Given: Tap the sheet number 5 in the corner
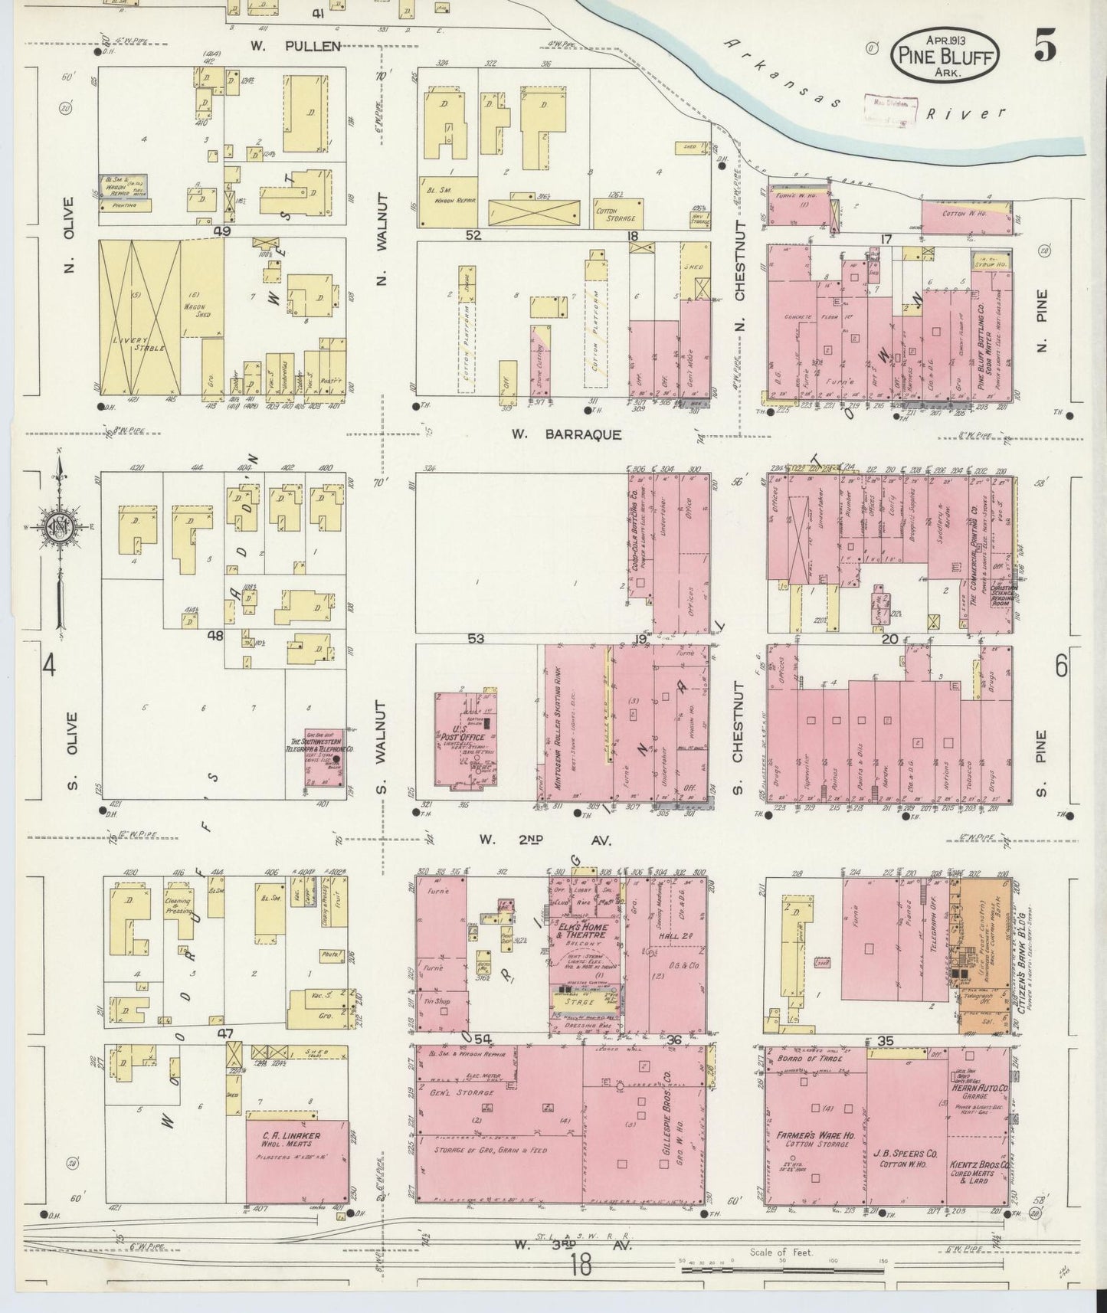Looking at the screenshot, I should pyautogui.click(x=1045, y=47).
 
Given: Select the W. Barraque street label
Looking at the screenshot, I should pyautogui.click(x=566, y=434).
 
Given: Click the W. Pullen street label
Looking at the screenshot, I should pyautogui.click(x=295, y=47).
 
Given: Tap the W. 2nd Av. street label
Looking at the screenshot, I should pyautogui.click(x=545, y=840).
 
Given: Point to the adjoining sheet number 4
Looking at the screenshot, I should pyautogui.click(x=48, y=666).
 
